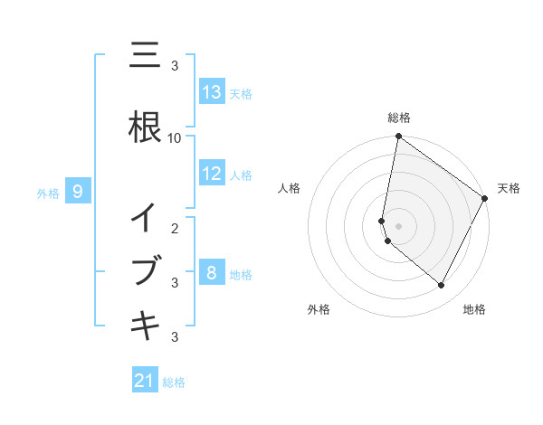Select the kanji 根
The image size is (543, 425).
(145, 127)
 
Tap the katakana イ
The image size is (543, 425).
(145, 218)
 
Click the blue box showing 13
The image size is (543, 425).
(212, 92)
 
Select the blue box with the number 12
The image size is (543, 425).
(212, 174)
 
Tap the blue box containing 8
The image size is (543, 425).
(212, 273)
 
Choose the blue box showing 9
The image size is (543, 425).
(78, 192)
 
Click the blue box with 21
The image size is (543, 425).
(145, 381)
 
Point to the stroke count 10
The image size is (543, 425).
(175, 138)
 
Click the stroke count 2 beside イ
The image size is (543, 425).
(175, 228)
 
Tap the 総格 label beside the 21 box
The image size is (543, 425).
(174, 382)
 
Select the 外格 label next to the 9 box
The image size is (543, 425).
(48, 193)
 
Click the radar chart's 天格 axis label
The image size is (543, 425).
(509, 188)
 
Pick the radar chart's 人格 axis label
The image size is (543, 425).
(290, 188)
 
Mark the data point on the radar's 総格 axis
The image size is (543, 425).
(398, 137)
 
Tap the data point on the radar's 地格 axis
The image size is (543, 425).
(442, 286)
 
